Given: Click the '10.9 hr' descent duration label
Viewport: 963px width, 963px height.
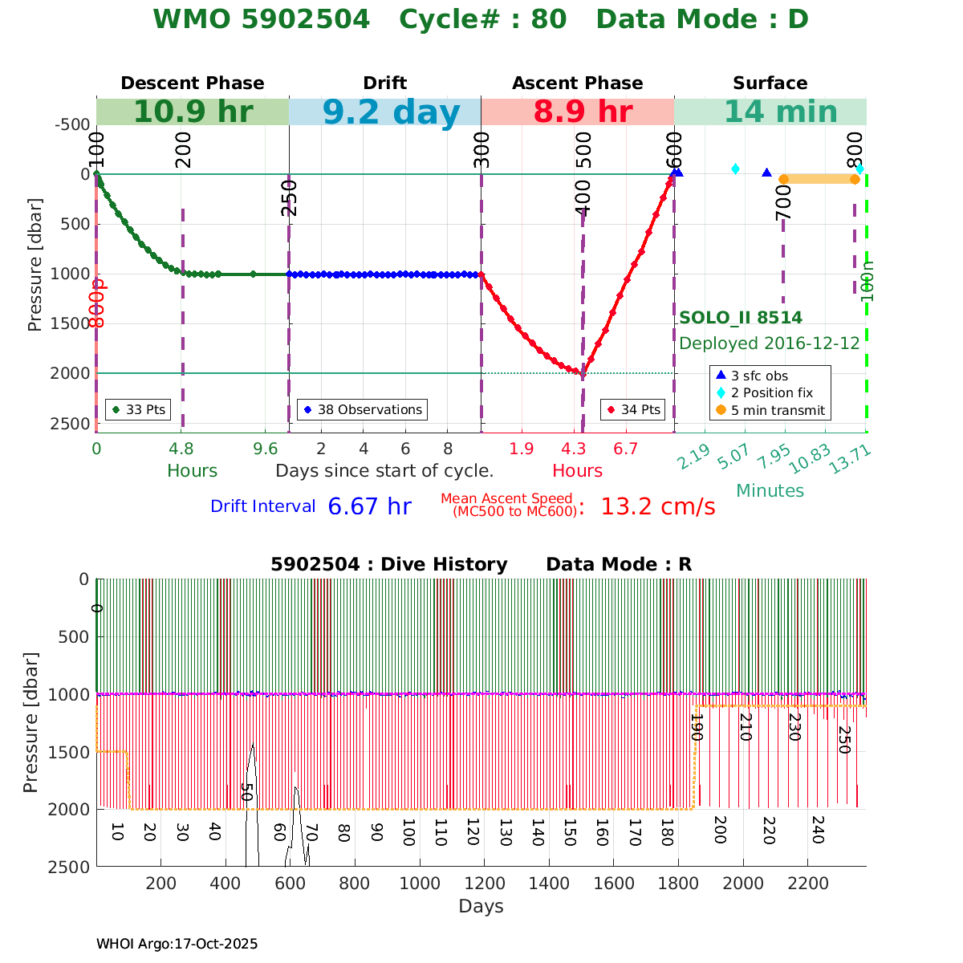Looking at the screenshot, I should [x=193, y=112].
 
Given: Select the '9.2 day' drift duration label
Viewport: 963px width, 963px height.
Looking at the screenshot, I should [x=392, y=112].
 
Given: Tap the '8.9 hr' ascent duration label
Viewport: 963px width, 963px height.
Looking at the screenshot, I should [x=583, y=112].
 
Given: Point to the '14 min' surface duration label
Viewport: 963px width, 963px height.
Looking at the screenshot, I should [x=770, y=112].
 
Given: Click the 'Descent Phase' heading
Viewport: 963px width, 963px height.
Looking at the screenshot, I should [x=193, y=83].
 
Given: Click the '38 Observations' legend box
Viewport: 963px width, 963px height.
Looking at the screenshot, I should [x=362, y=409].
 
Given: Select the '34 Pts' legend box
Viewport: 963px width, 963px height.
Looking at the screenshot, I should [x=634, y=409].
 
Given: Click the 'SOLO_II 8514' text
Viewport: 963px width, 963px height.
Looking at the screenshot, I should [x=741, y=318].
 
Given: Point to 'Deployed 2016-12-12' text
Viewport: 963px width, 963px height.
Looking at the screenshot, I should [x=770, y=343].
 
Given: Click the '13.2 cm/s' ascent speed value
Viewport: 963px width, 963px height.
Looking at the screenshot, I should [x=657, y=507].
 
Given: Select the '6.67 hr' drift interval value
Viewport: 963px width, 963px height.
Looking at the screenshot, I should [x=369, y=507].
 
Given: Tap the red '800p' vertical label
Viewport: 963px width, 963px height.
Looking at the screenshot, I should [x=97, y=303].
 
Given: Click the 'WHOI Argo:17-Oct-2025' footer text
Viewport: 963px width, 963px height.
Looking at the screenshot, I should [x=177, y=944].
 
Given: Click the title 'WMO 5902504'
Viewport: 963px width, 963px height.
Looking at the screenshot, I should [x=262, y=19].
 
